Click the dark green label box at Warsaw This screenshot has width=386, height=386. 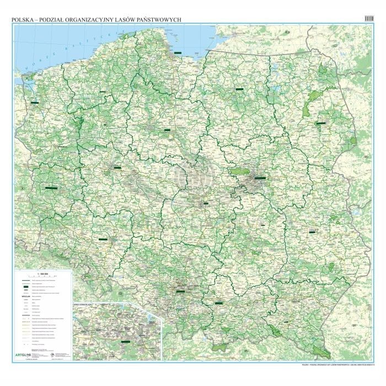[x=259, y=178]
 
